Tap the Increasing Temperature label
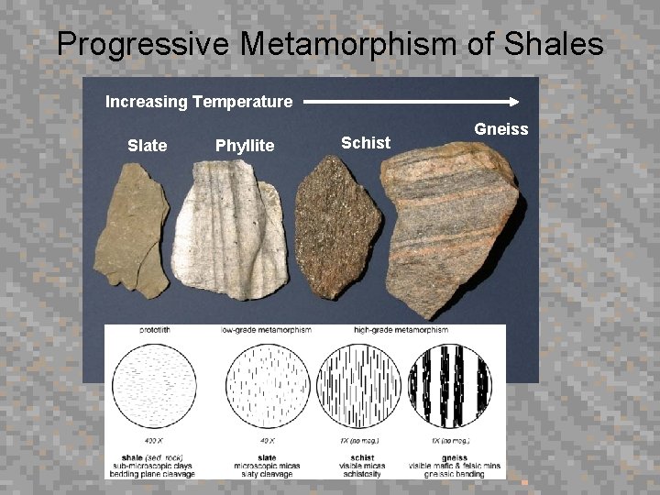(x=199, y=102)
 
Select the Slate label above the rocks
(x=147, y=145)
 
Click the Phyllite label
(x=245, y=145)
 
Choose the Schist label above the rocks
(x=366, y=142)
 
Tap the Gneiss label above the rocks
(x=500, y=129)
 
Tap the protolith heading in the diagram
(x=153, y=330)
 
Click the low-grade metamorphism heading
(x=267, y=330)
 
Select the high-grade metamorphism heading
(x=401, y=330)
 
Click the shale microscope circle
(x=152, y=389)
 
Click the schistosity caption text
(x=362, y=474)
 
